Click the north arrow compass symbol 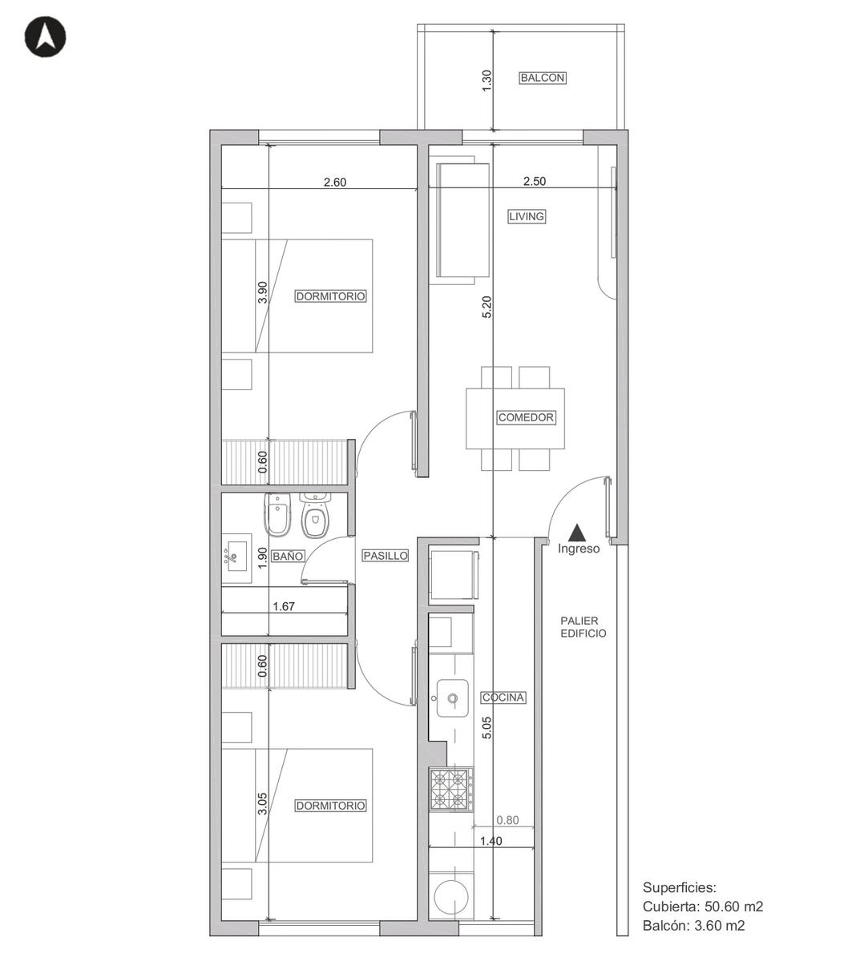click(45, 37)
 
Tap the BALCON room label click(542, 78)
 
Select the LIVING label click(527, 217)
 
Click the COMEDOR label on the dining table click(526, 417)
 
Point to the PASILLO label click(385, 556)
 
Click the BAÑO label click(288, 556)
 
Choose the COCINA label click(503, 698)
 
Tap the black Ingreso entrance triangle click(577, 533)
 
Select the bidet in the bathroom click(277, 514)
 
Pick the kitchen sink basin click(452, 698)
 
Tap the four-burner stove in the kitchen click(451, 790)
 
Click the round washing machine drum click(451, 898)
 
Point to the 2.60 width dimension click(335, 182)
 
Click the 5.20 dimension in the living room click(487, 307)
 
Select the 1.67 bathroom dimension click(284, 606)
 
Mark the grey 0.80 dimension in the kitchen click(507, 819)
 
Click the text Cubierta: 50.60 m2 click(703, 907)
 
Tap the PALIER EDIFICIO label click(583, 626)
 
